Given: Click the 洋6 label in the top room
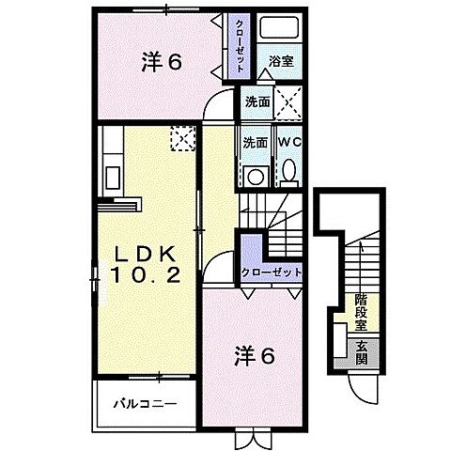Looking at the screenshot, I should (162, 63).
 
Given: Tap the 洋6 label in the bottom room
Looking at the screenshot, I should (255, 357).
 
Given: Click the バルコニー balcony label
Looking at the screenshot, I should (141, 406).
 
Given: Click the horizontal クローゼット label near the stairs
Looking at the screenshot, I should (272, 272).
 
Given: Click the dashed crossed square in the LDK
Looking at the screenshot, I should (180, 138).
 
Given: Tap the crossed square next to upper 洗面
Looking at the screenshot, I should (288, 101).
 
